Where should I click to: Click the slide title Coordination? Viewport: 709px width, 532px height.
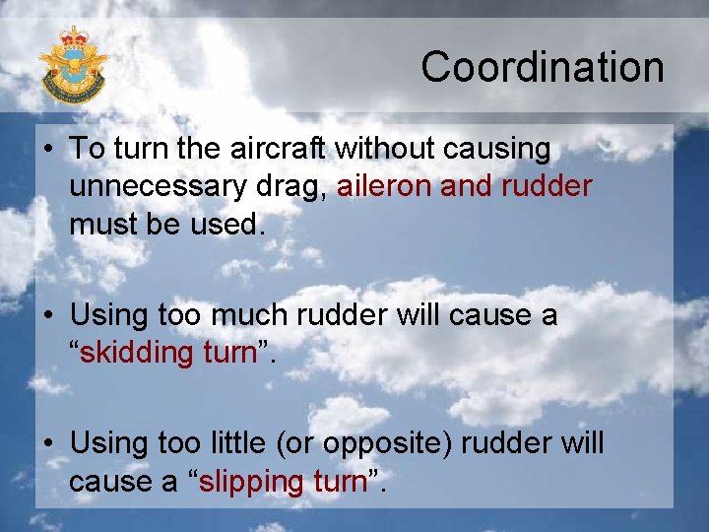click(x=543, y=68)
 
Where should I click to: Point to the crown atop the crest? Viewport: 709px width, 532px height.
click(x=73, y=37)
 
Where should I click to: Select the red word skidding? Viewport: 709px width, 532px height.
click(x=140, y=353)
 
